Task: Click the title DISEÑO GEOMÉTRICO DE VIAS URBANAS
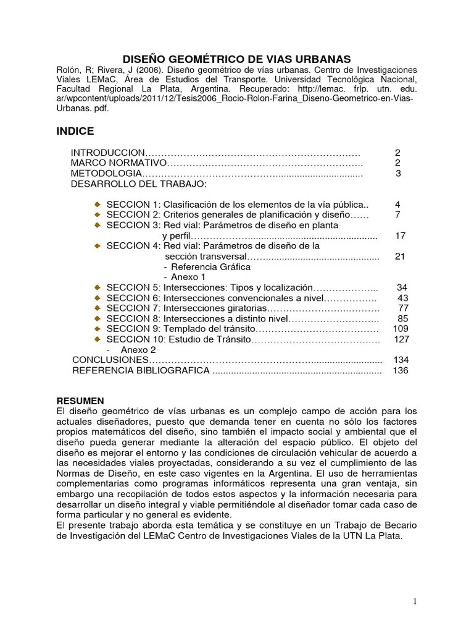236,59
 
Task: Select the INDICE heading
75,131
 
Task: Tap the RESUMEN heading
80,401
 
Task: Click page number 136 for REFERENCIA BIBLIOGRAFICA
400,371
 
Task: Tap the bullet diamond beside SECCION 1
98,205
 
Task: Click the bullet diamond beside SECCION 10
98,340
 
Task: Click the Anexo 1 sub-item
188,278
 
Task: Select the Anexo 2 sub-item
138,350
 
